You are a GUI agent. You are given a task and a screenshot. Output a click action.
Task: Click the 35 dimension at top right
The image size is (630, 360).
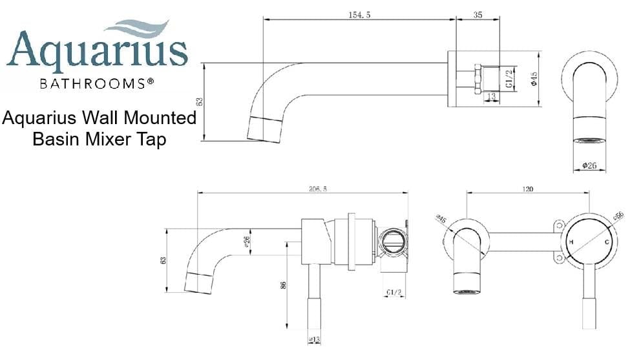pyautogui.click(x=478, y=14)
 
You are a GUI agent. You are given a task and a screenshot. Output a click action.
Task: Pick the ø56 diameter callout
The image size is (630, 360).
pyautogui.click(x=618, y=216)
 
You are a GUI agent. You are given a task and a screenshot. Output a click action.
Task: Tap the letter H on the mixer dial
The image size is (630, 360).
pyautogui.click(x=571, y=242)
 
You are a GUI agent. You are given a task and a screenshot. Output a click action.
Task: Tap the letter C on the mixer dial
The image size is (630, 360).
pyautogui.click(x=607, y=242)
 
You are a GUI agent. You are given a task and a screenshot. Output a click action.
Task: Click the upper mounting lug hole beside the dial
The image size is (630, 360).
pyautogui.click(x=554, y=227)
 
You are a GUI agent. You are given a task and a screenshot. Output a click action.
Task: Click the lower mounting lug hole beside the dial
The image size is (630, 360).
pyautogui.click(x=554, y=259)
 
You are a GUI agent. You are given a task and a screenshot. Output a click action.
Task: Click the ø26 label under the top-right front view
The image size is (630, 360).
pyautogui.click(x=589, y=165)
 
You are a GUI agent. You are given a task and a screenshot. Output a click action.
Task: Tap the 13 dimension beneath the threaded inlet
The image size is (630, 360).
pyautogui.click(x=492, y=96)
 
